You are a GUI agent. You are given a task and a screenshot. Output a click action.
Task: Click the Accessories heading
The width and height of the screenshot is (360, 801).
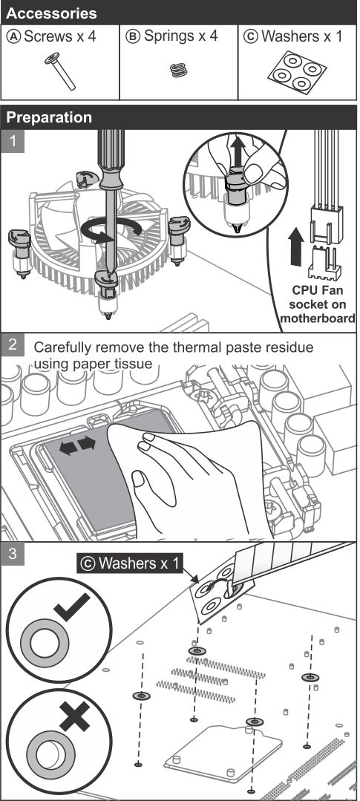coord(51,13)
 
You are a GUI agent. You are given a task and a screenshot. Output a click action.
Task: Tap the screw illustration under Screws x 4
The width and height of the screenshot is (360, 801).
coord(59,71)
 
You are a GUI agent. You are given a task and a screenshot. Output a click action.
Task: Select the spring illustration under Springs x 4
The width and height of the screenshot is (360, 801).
coord(179,70)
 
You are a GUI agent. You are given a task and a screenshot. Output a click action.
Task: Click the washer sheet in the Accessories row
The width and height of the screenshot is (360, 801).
coord(297,72)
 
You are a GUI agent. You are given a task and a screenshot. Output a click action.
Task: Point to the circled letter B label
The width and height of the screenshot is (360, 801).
coord(133,37)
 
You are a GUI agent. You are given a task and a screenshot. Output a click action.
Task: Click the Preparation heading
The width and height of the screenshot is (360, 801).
coord(49,117)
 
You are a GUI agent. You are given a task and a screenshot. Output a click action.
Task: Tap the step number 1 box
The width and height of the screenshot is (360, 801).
coord(13,141)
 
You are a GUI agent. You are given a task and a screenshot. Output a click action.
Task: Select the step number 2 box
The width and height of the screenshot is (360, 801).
coord(13,344)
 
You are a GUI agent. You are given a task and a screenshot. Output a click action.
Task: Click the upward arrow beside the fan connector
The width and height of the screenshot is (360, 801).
coord(296,246)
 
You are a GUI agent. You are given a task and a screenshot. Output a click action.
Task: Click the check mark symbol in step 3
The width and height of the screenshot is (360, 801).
coord(71,607)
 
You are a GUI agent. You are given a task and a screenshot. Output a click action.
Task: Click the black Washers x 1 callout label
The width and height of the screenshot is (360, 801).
coord(130,563)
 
